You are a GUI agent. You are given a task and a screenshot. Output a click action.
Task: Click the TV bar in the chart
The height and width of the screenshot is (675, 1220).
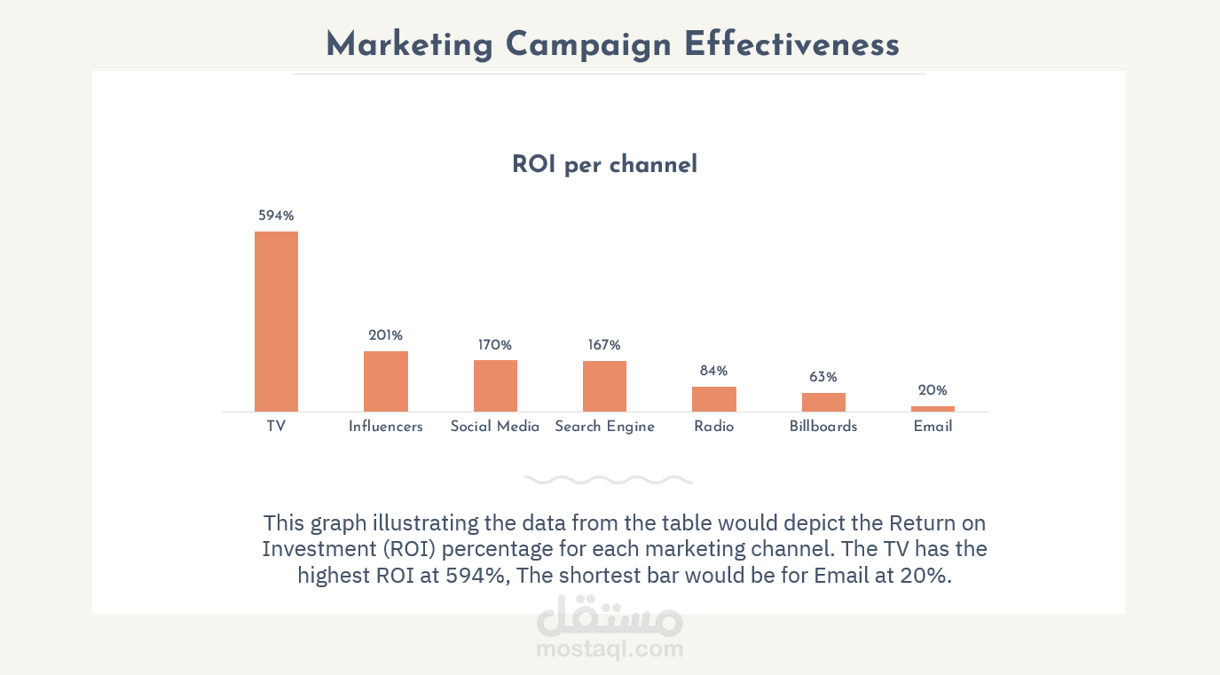276,321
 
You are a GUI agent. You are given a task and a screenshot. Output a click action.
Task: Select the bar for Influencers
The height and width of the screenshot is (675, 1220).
386,381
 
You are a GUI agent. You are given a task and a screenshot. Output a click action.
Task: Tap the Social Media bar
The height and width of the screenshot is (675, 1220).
495,386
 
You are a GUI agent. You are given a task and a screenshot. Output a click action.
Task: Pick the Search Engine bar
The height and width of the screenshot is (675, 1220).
604,386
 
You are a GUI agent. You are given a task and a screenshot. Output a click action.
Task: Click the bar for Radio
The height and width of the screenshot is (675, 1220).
714,399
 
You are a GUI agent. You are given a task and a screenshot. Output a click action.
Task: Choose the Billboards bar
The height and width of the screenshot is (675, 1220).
823,402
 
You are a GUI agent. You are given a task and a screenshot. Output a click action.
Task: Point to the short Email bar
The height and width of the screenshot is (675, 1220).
933,409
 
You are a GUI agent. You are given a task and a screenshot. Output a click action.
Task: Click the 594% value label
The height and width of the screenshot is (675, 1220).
276,216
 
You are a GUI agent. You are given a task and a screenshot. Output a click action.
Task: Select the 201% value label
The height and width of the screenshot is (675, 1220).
386,335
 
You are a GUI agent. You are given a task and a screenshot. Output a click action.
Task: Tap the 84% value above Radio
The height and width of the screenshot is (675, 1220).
714,371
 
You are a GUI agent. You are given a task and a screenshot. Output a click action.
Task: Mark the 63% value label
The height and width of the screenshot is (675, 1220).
823,377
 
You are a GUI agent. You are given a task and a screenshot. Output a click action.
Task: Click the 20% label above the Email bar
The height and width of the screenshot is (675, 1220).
933,390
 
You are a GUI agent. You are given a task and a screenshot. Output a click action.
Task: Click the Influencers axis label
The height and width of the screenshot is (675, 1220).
386,427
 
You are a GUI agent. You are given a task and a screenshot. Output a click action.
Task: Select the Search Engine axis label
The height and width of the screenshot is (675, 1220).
604,427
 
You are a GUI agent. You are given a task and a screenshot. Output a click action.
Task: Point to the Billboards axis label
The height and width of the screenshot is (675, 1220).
823,427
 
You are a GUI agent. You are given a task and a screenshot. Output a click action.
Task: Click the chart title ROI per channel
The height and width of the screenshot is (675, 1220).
604,165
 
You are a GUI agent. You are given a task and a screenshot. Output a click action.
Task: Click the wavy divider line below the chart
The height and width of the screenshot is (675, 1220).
609,480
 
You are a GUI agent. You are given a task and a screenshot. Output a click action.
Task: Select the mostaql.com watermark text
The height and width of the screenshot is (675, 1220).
610,649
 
